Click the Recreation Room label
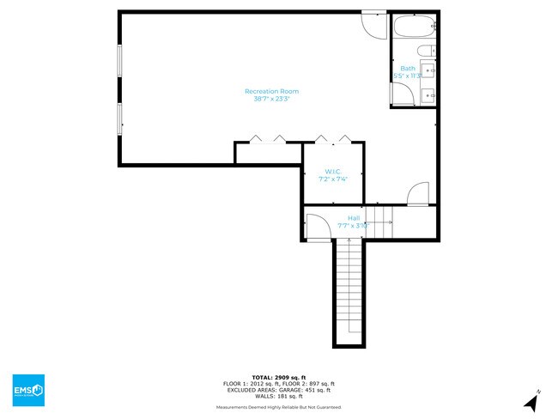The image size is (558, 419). click(x=271, y=91)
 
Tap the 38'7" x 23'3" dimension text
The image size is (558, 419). click(x=271, y=99)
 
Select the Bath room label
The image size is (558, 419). click(x=407, y=69)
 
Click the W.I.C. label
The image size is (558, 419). click(x=333, y=172)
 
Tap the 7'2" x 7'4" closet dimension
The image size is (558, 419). click(x=333, y=179)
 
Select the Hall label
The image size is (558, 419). click(x=353, y=218)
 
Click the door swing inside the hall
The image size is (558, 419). click(x=317, y=224)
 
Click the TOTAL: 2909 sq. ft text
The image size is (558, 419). click(x=278, y=377)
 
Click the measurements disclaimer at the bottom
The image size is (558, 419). click(x=278, y=407)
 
